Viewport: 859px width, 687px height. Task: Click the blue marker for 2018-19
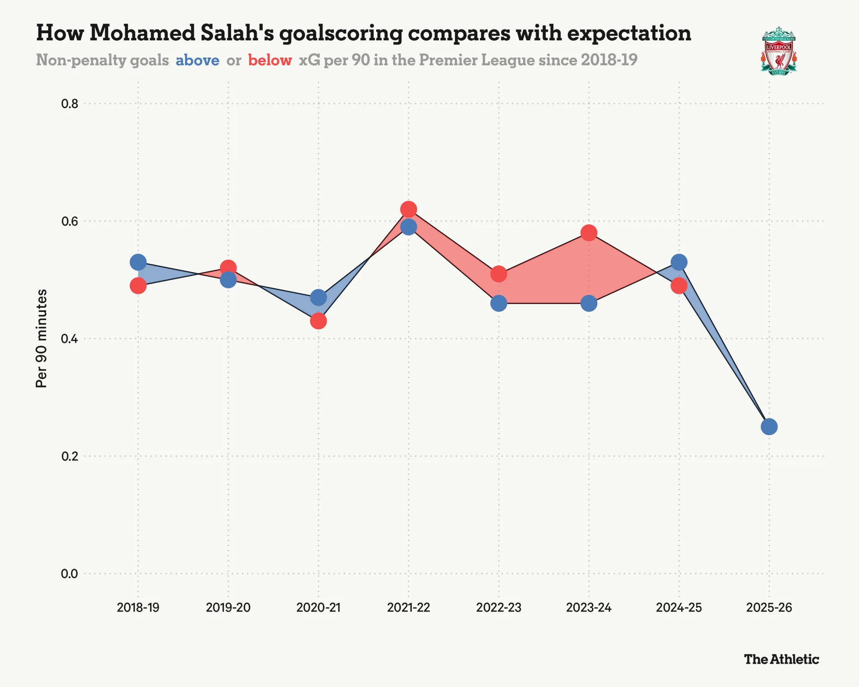pos(138,262)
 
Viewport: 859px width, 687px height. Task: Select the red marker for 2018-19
pos(138,286)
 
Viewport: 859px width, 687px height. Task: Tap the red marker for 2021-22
pos(409,209)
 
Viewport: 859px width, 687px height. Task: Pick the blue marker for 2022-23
pos(499,303)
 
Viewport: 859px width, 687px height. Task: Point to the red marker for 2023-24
pos(589,233)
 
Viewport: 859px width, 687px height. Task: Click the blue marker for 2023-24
pos(589,303)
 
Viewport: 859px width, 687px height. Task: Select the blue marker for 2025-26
pos(769,427)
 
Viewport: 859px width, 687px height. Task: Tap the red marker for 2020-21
pos(318,321)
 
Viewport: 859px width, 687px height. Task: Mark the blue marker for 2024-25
pos(679,262)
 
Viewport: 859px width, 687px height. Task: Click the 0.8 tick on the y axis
pos(70,104)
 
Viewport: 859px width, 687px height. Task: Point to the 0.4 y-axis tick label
pos(70,338)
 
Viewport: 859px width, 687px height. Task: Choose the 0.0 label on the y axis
pos(70,573)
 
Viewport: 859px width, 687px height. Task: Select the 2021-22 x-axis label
pos(409,607)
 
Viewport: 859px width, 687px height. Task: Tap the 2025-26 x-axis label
pos(769,607)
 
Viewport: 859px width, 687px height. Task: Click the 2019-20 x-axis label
pos(228,607)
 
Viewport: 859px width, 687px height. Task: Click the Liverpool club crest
pos(778,51)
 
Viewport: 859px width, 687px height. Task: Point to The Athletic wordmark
pos(781,659)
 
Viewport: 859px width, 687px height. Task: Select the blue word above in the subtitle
pos(198,60)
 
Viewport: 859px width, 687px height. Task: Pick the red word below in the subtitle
pos(270,60)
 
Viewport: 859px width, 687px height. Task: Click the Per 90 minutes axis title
pos(42,338)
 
